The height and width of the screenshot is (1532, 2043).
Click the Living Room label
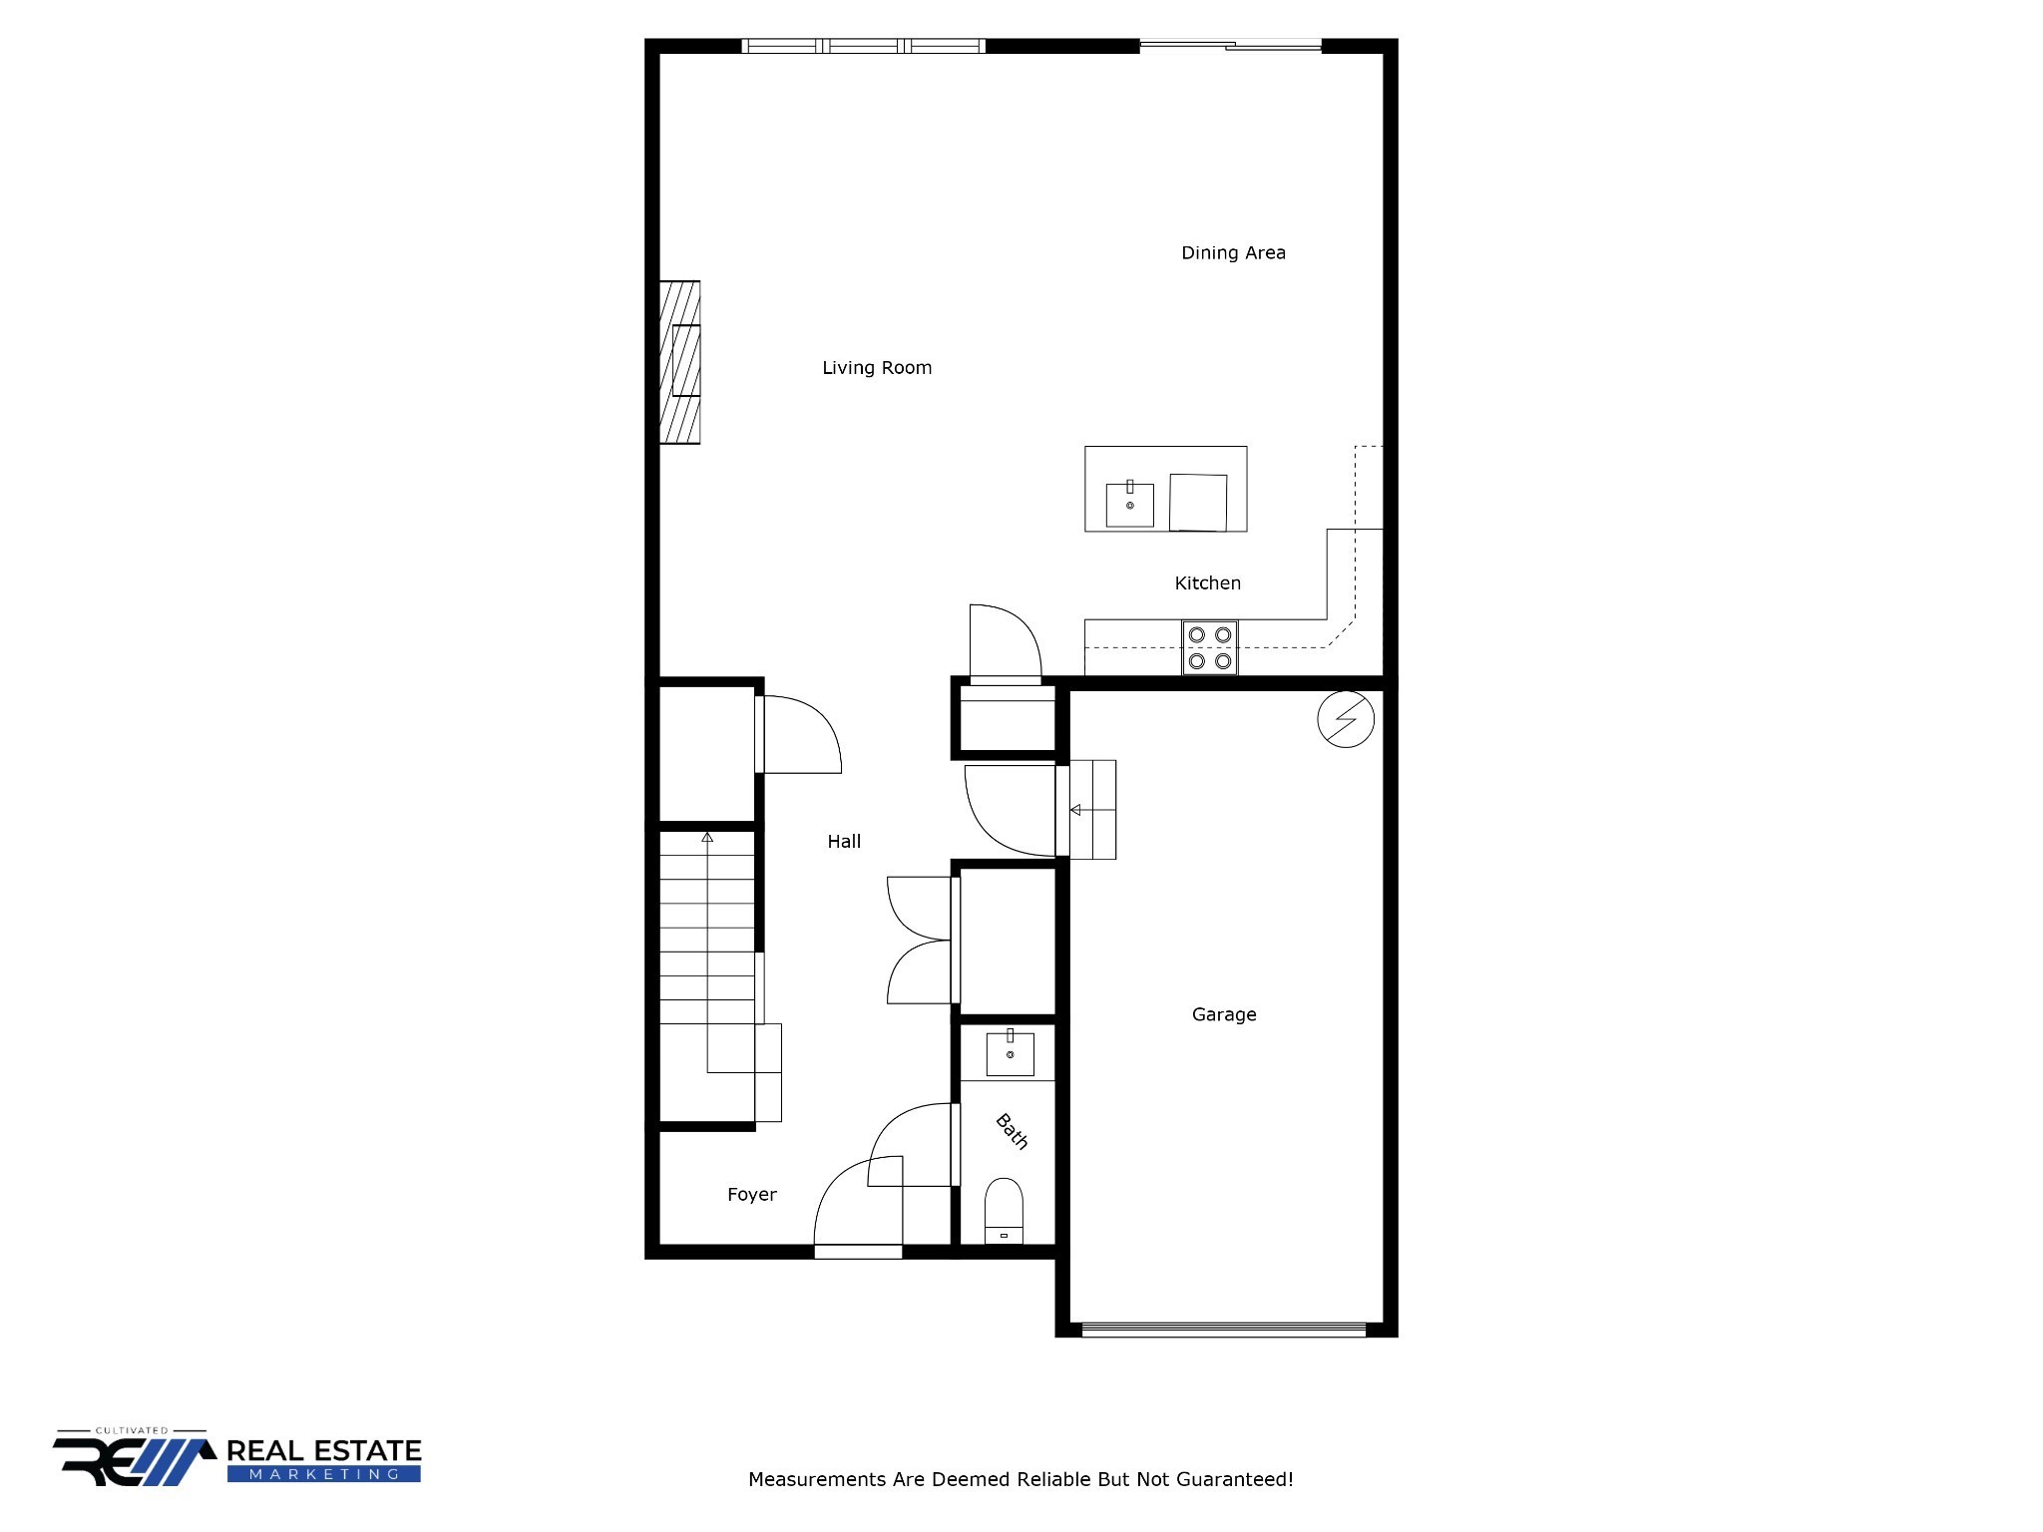[x=876, y=368]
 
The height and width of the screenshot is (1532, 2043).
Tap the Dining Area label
[x=1232, y=253]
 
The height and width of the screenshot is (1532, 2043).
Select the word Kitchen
[x=1207, y=583]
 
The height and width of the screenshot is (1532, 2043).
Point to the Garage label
[x=1223, y=1014]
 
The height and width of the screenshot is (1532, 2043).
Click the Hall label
[x=843, y=842]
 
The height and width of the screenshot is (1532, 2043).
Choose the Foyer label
[x=751, y=1195]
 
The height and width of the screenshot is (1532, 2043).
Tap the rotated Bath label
[x=1012, y=1131]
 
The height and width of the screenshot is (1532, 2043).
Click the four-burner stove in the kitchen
[x=1209, y=647]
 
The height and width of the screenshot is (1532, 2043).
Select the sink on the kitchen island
[x=1129, y=505]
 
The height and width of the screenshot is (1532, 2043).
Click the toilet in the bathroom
[x=1004, y=1210]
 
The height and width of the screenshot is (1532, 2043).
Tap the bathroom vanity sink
[x=1010, y=1054]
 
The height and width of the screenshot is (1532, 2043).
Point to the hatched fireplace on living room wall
[x=679, y=362]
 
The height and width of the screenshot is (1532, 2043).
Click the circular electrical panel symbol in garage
[x=1345, y=719]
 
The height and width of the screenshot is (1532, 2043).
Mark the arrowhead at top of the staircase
[x=707, y=837]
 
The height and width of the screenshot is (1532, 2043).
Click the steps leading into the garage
[x=1092, y=810]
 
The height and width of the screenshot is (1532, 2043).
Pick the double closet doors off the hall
[x=920, y=941]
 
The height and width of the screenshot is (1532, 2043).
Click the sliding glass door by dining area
[x=1230, y=45]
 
